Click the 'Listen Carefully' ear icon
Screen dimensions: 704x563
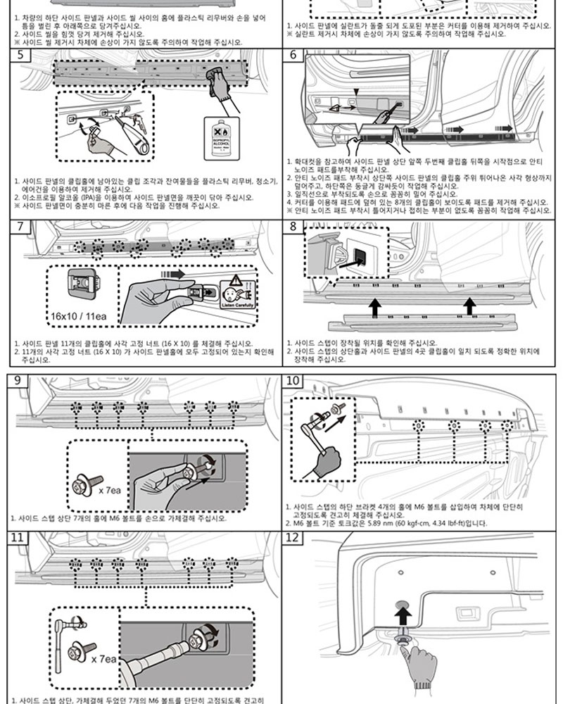coord(235,294)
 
